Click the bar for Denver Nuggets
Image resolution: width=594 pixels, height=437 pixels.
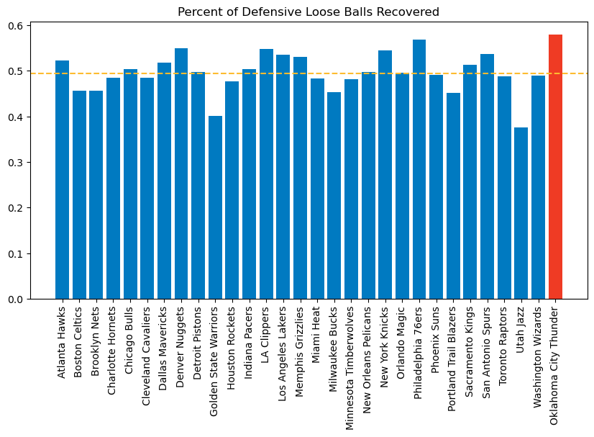click(x=181, y=174)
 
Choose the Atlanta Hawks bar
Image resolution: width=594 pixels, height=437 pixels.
click(x=63, y=180)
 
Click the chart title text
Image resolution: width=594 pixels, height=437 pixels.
click(x=309, y=12)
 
